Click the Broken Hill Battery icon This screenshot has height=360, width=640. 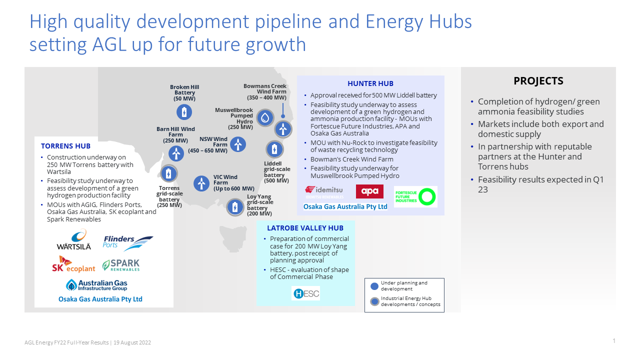pyautogui.click(x=184, y=112)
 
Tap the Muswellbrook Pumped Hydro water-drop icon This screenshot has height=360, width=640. pyautogui.click(x=265, y=118)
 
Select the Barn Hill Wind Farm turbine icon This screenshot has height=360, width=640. pyautogui.click(x=176, y=153)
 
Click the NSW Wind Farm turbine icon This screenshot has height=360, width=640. pyautogui.click(x=238, y=144)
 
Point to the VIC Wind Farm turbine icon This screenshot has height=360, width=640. pyautogui.click(x=201, y=183)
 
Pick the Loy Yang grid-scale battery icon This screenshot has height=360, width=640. pyautogui.click(x=235, y=207)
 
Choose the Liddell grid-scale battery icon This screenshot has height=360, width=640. pyautogui.click(x=274, y=149)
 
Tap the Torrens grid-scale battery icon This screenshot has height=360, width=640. pyautogui.click(x=168, y=174)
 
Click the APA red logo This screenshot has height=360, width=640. pyautogui.click(x=369, y=191)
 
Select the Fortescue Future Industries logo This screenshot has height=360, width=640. pyautogui.click(x=415, y=196)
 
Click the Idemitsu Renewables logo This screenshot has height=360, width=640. pyautogui.click(x=323, y=192)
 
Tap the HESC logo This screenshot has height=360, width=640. pyautogui.click(x=305, y=293)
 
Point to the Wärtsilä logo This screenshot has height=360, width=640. pyautogui.click(x=74, y=240)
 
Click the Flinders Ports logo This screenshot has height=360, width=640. pyautogui.click(x=127, y=242)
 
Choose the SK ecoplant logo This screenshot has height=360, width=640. pyautogui.click(x=73, y=264)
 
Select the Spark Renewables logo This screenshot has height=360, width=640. pyautogui.click(x=121, y=265)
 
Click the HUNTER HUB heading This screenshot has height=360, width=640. pyautogui.click(x=370, y=83)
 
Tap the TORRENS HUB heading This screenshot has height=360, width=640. pyautogui.click(x=65, y=146)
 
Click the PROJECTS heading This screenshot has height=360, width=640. pyautogui.click(x=538, y=81)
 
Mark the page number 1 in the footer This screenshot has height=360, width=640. pyautogui.click(x=613, y=341)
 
